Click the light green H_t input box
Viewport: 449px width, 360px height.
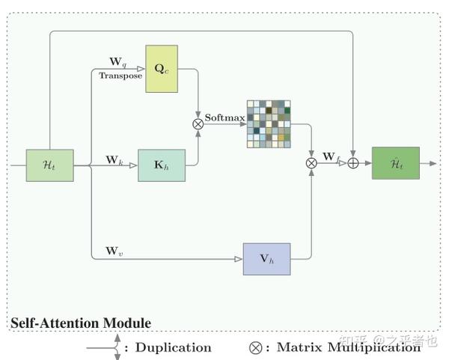pos(49,165)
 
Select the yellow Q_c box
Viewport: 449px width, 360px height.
pos(162,68)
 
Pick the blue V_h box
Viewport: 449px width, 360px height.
pos(266,259)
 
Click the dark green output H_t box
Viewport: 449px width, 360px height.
pos(396,163)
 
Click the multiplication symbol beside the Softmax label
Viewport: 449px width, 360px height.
pos(198,124)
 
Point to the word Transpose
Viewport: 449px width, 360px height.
pos(120,76)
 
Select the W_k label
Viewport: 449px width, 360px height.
pos(114,159)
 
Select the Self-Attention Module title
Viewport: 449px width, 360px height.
pos(80,323)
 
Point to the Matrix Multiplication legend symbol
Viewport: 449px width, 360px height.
pos(257,347)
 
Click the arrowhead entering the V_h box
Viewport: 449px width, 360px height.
pos(239,259)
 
